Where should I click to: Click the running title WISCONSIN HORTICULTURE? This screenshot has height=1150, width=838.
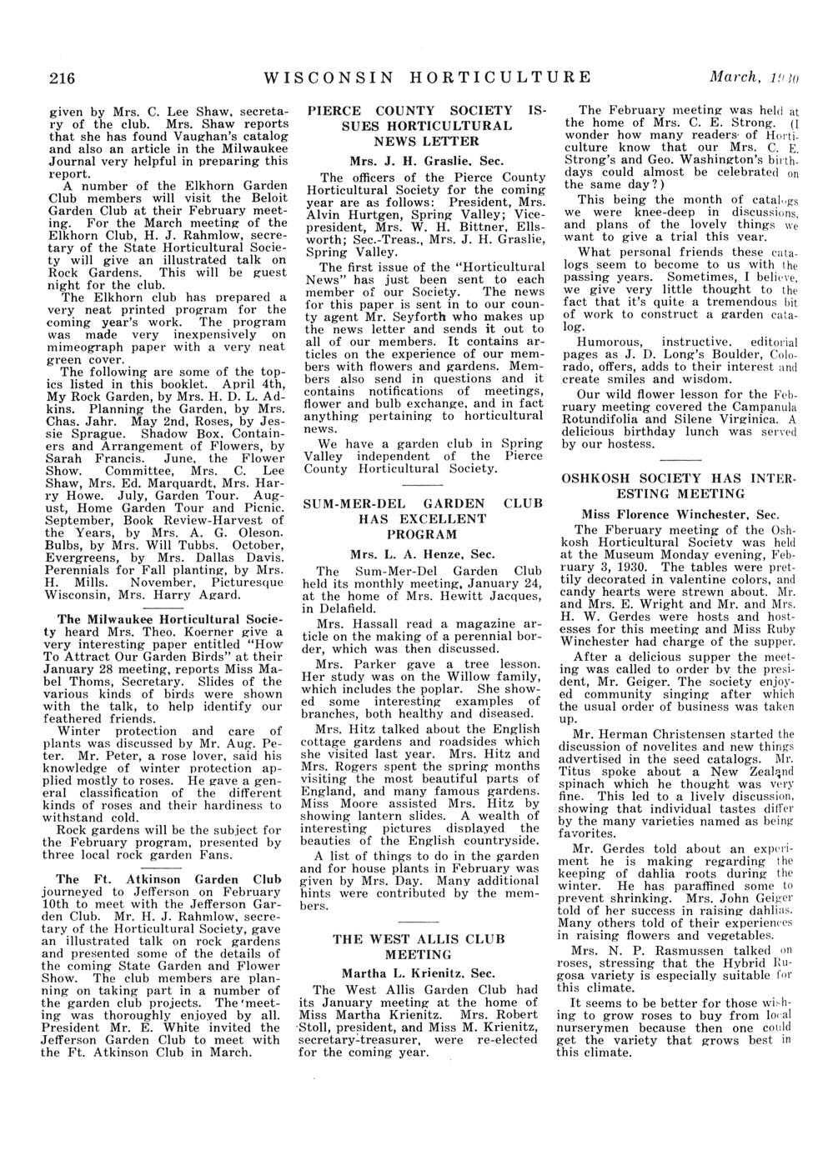[x=426, y=78]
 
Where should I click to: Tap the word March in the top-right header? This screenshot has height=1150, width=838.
[x=730, y=78]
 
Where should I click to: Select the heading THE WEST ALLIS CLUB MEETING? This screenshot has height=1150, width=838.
[x=419, y=946]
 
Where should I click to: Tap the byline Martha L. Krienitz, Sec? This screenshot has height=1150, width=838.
[x=419, y=972]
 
